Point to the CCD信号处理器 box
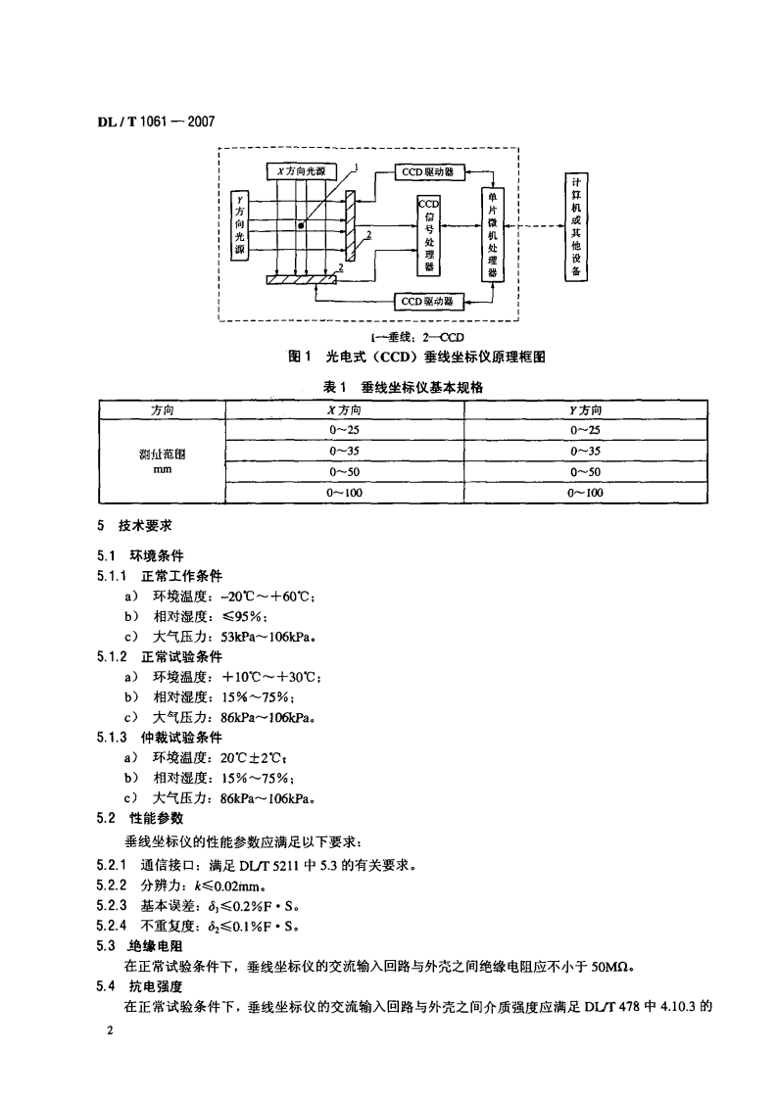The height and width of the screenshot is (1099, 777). coord(428,235)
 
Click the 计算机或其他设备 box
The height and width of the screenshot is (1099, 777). coord(577,227)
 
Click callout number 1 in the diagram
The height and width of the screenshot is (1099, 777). coord(360,167)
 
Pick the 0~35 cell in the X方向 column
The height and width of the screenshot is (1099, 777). coord(346,452)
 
